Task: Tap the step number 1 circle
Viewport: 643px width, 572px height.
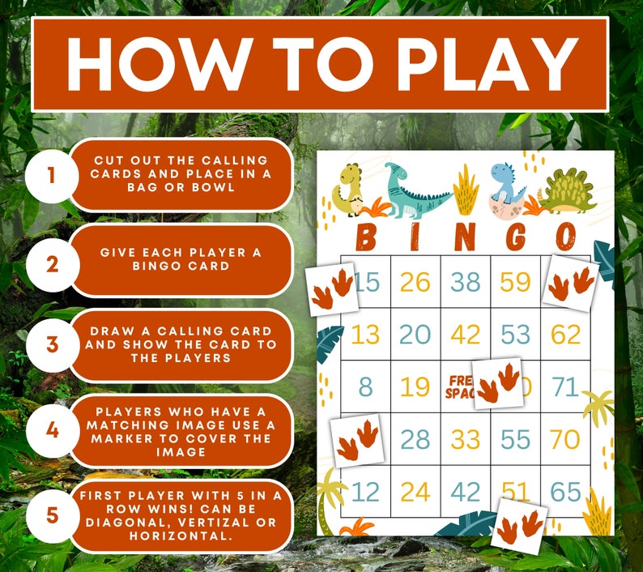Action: [x=52, y=174]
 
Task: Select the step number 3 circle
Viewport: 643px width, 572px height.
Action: [x=52, y=344]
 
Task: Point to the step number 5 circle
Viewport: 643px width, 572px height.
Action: [x=52, y=514]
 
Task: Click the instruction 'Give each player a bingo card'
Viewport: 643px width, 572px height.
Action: [x=181, y=259]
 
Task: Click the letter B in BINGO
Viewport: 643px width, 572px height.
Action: [x=366, y=237]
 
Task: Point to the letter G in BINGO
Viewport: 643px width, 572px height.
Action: [x=515, y=237]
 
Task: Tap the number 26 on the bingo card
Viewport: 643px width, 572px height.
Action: [x=415, y=282]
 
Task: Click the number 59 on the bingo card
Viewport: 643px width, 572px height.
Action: [x=515, y=282]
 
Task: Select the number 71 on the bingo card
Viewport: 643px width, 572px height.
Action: [x=565, y=386]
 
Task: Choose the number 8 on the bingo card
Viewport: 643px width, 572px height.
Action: [x=366, y=386]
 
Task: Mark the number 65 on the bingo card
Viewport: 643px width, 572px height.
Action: [x=565, y=492]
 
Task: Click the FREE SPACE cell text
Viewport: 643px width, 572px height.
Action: [x=458, y=386]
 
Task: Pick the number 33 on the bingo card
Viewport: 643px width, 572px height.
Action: [x=465, y=439]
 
